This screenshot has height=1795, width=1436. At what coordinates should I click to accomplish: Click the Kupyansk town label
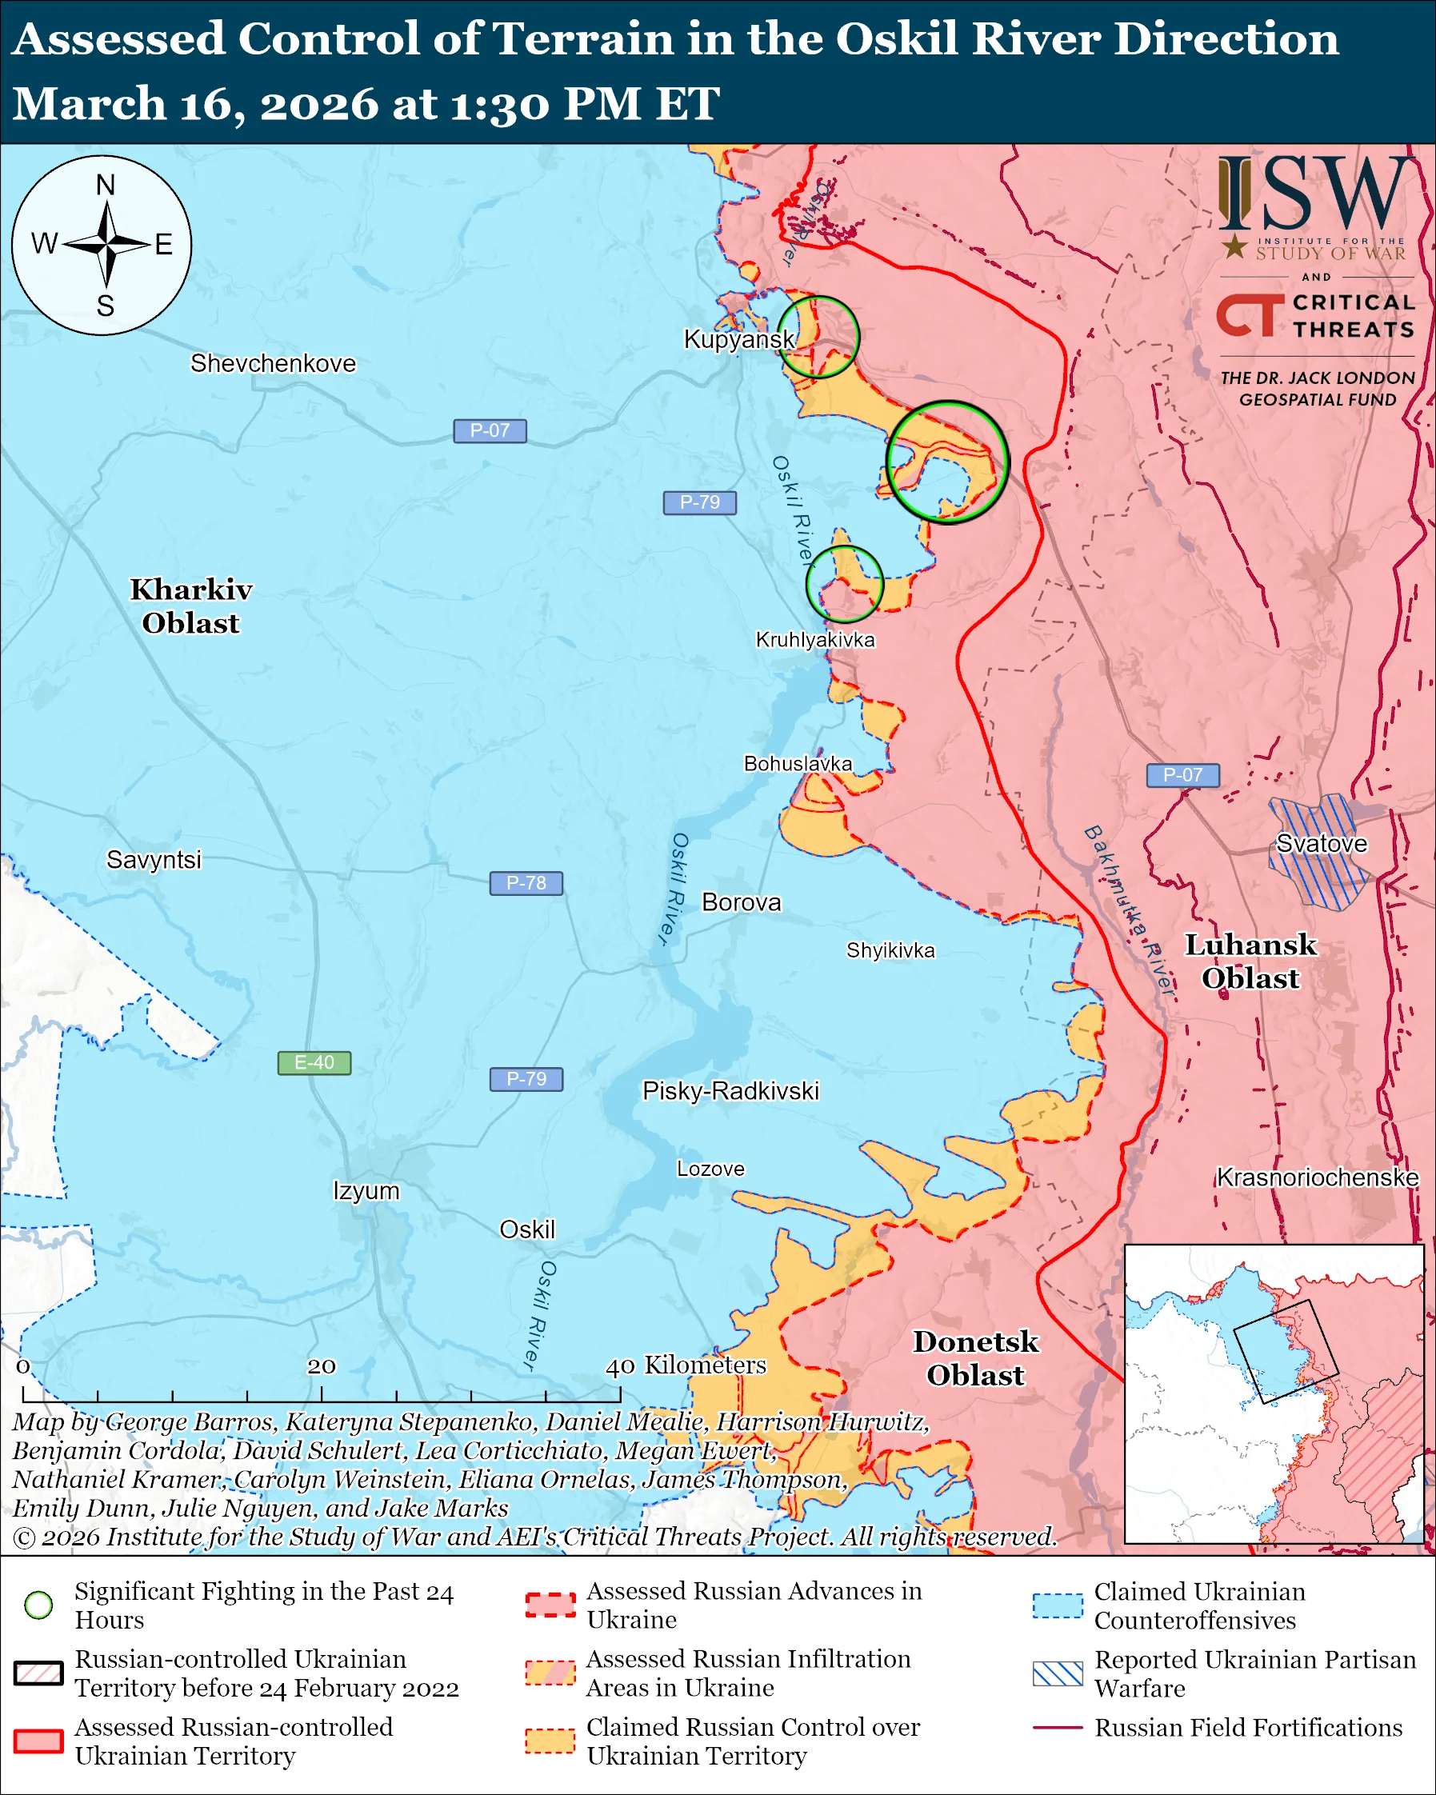(738, 340)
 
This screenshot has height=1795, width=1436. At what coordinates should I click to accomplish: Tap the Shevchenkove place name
(273, 364)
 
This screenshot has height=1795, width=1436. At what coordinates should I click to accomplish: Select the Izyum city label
(366, 1190)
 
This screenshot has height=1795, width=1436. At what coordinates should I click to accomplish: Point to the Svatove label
(1321, 843)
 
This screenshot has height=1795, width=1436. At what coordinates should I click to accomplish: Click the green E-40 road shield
(314, 1063)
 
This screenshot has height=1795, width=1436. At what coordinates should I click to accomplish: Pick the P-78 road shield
(526, 882)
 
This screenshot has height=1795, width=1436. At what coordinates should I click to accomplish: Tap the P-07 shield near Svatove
(1182, 775)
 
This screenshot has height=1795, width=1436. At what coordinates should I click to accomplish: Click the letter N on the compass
(105, 185)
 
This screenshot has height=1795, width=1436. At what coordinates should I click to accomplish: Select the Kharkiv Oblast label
(190, 606)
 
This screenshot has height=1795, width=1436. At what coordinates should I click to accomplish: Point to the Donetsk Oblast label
(976, 1358)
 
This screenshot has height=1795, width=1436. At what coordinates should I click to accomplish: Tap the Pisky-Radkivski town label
(730, 1092)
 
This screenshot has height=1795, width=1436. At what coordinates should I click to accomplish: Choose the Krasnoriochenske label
(1317, 1177)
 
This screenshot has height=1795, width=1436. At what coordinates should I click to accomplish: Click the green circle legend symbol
(39, 1605)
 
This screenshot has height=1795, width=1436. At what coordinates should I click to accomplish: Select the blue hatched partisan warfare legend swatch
(1058, 1673)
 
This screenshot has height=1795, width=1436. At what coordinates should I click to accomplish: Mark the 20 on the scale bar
(322, 1366)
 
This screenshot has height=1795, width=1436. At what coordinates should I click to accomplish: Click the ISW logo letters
(1315, 194)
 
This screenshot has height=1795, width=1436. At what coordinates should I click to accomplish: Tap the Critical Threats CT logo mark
(1249, 315)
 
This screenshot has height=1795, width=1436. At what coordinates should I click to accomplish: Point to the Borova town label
(741, 902)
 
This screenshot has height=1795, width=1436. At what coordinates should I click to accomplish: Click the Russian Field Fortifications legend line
(1058, 1728)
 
